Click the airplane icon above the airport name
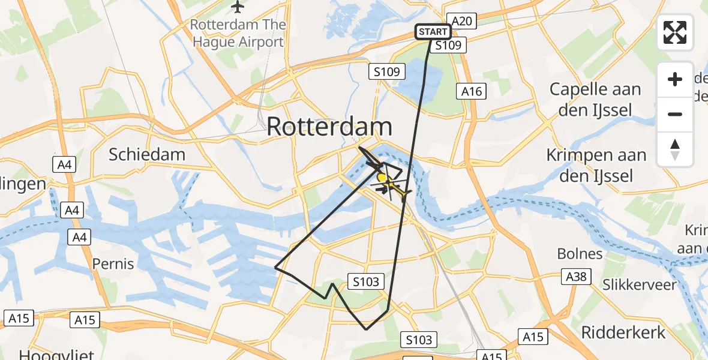coord(238,7)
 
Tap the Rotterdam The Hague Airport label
coord(238,34)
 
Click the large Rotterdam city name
coord(329,127)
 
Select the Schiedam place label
coord(147,154)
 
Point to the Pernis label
coord(113,263)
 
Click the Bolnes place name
coord(580,253)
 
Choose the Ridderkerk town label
coord(623,332)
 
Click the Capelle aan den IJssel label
coord(595,99)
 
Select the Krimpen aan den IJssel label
coord(596,165)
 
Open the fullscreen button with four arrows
coord(675,32)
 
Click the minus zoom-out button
coord(675,114)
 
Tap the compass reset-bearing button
coord(675,149)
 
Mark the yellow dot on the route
coord(382,178)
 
